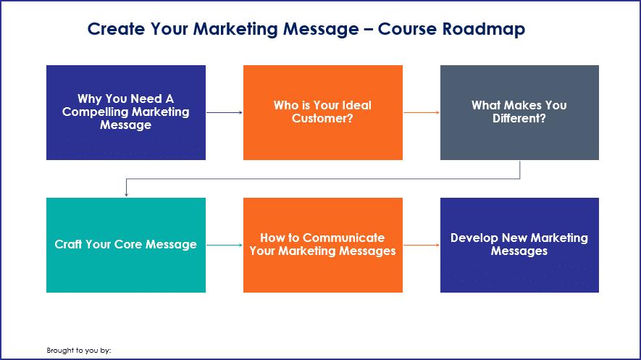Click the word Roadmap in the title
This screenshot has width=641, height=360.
click(x=484, y=29)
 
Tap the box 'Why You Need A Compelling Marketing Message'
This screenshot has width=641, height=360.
click(x=126, y=112)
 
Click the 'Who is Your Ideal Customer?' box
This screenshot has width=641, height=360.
click(x=323, y=112)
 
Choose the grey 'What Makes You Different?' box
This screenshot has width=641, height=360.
click(x=519, y=112)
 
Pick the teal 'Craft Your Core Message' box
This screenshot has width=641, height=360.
click(x=126, y=245)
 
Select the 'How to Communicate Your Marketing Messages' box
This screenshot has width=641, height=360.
click(x=323, y=245)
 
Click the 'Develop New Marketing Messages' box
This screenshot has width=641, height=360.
click(x=519, y=245)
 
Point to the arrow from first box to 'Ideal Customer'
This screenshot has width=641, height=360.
click(x=225, y=112)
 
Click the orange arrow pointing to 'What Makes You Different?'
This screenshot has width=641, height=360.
click(x=422, y=112)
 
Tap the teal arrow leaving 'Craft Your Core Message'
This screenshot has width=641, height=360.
click(x=225, y=245)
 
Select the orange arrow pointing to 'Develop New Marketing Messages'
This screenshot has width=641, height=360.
click(x=422, y=245)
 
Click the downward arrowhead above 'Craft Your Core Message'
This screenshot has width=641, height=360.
click(x=126, y=195)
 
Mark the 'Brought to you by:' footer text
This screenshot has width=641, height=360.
click(x=79, y=351)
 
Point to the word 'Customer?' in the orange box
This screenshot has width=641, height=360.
click(x=322, y=119)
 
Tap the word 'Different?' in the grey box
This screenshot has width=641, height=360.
click(x=519, y=119)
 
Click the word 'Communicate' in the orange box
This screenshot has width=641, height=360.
click(x=344, y=238)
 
